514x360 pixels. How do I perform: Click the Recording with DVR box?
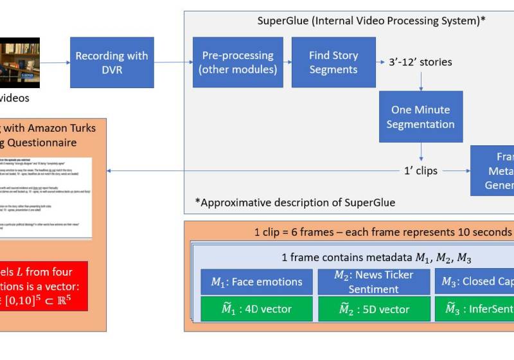click(x=112, y=62)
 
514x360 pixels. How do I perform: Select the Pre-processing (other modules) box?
click(x=238, y=62)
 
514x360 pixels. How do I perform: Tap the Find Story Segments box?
click(x=333, y=62)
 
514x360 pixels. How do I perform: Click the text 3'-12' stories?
click(x=420, y=62)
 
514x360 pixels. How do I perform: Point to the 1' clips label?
click(x=420, y=170)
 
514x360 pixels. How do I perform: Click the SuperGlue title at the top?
click(x=371, y=20)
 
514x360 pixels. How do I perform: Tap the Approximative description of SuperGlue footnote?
click(x=295, y=203)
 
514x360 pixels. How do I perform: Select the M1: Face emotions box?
click(x=256, y=282)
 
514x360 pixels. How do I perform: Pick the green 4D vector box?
click(x=256, y=309)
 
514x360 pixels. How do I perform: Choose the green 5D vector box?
click(x=374, y=309)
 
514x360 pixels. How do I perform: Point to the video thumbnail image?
click(x=19, y=62)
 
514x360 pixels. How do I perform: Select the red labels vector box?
click(x=45, y=285)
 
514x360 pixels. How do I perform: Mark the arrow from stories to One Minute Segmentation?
click(x=421, y=80)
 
